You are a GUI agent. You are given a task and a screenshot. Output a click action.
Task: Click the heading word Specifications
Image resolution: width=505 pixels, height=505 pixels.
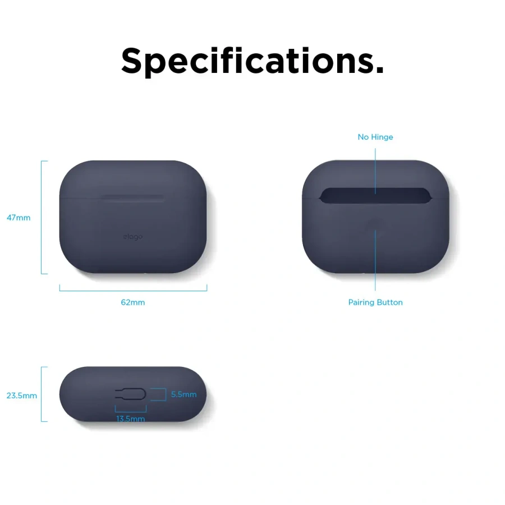(252, 61)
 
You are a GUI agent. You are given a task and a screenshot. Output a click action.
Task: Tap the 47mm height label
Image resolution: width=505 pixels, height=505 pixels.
(19, 218)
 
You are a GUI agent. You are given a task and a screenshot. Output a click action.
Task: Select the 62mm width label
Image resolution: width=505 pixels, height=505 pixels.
(133, 302)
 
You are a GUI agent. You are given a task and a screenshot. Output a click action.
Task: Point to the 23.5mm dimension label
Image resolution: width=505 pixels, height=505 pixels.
(22, 396)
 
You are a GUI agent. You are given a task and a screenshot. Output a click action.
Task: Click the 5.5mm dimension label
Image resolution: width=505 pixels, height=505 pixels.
(184, 394)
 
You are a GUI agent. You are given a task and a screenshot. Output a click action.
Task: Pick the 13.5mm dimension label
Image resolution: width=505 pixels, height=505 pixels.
(131, 419)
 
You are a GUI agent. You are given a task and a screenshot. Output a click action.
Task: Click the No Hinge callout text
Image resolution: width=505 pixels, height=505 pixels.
(375, 137)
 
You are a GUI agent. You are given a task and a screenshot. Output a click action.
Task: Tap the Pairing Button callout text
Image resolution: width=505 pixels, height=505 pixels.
(375, 302)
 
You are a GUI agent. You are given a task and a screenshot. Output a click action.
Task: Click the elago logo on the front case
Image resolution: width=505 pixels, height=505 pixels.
(133, 237)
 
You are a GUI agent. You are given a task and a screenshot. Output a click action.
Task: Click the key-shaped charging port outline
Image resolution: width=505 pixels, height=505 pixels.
(130, 394)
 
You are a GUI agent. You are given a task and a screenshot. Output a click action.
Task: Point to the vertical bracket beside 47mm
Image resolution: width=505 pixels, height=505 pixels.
(42, 218)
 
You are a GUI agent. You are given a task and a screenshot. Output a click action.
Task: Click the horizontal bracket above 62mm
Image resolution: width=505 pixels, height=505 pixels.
(133, 290)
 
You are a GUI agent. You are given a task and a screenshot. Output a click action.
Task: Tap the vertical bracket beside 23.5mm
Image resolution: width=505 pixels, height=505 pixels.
(42, 394)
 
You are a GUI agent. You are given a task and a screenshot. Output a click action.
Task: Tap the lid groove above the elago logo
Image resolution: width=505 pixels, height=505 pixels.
(133, 197)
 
